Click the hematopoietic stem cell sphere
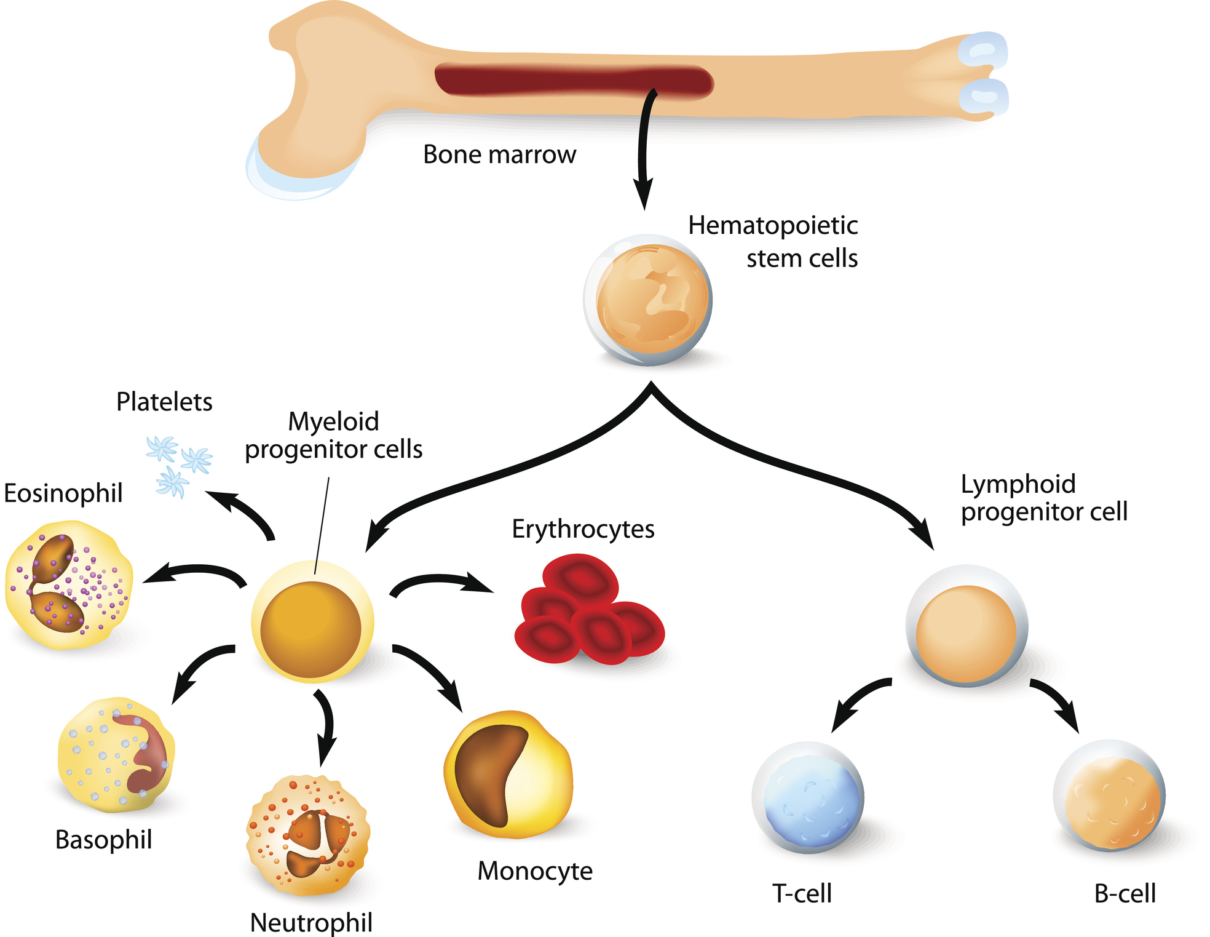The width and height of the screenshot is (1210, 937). point(649,300)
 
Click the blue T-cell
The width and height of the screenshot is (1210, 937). point(809,798)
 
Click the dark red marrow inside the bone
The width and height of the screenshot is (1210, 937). point(572,81)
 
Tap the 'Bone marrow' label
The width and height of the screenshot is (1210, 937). point(499,154)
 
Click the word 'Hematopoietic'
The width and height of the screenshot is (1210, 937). point(772,226)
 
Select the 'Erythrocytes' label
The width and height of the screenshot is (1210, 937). point(583,529)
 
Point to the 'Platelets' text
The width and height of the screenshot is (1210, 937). point(164,402)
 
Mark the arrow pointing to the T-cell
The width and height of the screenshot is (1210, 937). point(858,701)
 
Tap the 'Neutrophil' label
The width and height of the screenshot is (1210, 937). point(311,922)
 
